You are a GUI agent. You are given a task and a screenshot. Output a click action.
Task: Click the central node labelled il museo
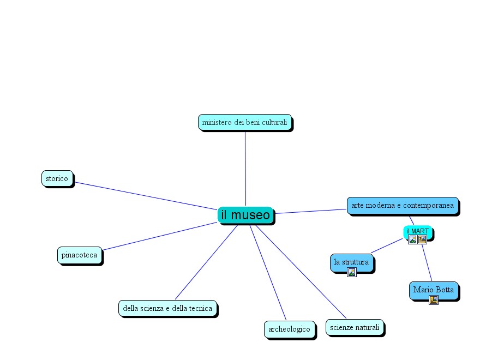coord(245,215)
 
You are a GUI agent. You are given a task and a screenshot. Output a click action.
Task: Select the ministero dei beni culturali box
coord(244,122)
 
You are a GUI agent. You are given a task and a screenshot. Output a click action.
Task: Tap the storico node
coord(57,178)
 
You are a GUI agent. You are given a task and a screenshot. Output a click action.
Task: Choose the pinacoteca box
coord(79,255)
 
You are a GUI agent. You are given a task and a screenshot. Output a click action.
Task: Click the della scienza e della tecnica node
coord(167,308)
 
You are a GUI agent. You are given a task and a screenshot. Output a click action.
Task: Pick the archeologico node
coord(289,329)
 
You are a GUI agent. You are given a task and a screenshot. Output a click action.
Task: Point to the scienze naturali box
coord(355,327)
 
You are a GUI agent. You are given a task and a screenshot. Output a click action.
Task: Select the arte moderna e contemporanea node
coord(402,205)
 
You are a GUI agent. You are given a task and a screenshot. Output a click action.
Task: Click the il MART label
coord(417,231)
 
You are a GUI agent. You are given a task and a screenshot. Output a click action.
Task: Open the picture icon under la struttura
coord(352,272)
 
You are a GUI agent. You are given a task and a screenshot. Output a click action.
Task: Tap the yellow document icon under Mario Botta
coord(434,299)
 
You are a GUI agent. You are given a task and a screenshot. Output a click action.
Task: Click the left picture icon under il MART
coord(413,239)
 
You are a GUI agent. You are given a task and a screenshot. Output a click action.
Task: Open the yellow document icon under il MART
coord(422,239)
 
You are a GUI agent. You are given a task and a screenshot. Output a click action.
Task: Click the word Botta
coord(445,290)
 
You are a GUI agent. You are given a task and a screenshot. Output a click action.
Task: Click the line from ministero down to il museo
coord(245,169)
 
